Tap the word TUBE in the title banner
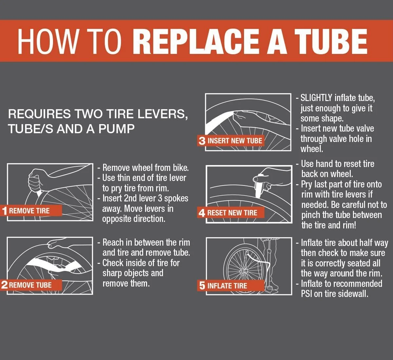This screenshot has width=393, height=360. coord(331,41)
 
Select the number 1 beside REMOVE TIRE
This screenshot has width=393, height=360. coord(5,211)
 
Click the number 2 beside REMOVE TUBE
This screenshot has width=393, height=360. coord(4,285)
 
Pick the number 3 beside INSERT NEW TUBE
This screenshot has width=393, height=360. coord(202,141)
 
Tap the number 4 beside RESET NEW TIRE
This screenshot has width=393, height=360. coord(202,213)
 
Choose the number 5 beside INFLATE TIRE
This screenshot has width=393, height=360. coord(202,286)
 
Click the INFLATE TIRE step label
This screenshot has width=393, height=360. coord(227,286)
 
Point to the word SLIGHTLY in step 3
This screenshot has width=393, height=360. coord(316,98)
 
